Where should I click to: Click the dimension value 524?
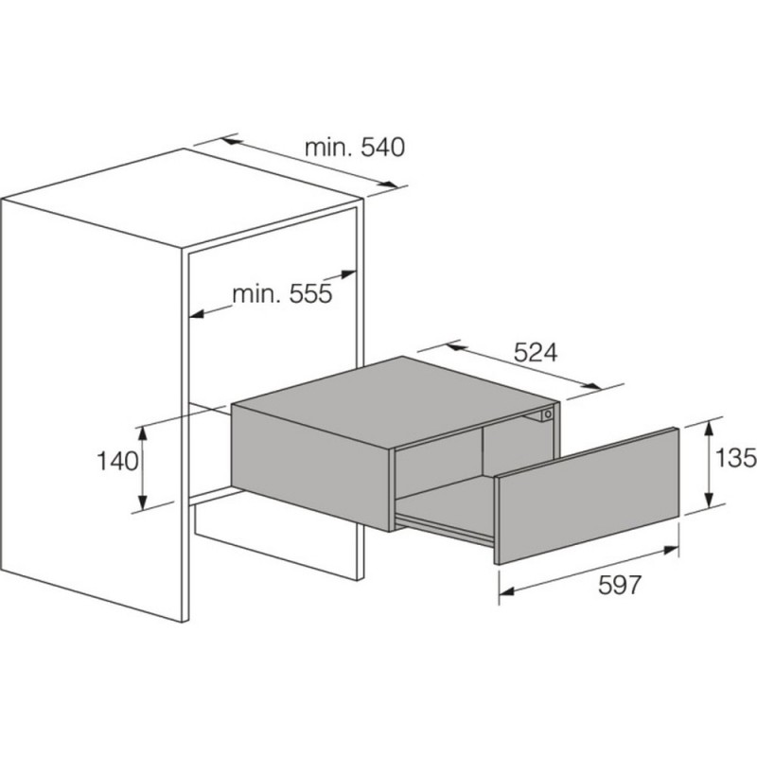point(535,353)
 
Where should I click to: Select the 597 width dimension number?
point(620,585)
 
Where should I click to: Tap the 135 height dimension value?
point(735,458)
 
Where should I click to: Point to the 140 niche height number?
point(117,461)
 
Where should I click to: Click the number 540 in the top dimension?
point(382,148)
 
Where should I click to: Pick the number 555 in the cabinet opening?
point(310,293)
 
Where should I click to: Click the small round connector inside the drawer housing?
point(547,414)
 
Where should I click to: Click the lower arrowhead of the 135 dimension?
point(708,498)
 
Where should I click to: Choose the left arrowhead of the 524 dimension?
point(456,346)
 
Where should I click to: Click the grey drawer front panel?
point(588,496)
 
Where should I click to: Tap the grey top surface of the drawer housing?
point(396,403)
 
